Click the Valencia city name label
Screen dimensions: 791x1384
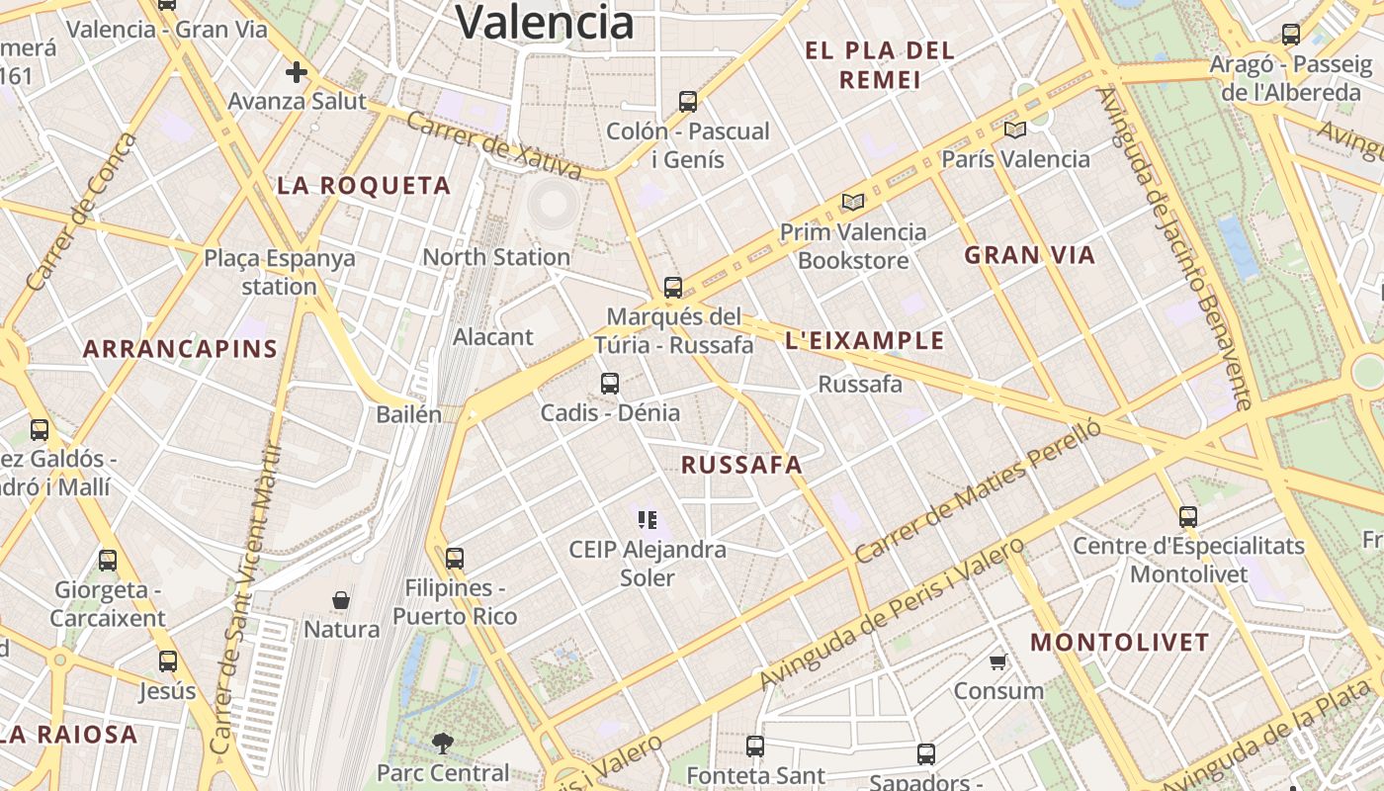545,22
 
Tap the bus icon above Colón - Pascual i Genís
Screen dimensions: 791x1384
688,101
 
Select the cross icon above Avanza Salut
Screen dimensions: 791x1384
296,72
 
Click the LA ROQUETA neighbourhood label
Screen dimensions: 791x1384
364,186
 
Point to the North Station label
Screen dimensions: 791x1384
496,257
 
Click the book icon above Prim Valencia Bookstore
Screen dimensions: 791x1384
853,203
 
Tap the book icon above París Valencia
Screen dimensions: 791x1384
1015,130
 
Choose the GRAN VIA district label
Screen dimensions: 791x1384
1030,255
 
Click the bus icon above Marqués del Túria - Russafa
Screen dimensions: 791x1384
673,288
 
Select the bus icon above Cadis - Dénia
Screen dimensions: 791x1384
610,384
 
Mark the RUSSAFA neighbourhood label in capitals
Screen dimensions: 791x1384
741,465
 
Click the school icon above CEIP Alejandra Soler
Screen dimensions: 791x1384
648,519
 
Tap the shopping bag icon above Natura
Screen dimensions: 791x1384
341,600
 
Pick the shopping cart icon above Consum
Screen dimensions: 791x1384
998,661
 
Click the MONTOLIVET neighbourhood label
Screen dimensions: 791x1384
1120,643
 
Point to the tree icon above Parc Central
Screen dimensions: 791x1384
443,743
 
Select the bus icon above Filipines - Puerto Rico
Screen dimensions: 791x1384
455,559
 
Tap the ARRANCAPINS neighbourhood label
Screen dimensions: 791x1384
180,349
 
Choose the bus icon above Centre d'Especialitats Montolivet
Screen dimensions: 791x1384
1188,516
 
